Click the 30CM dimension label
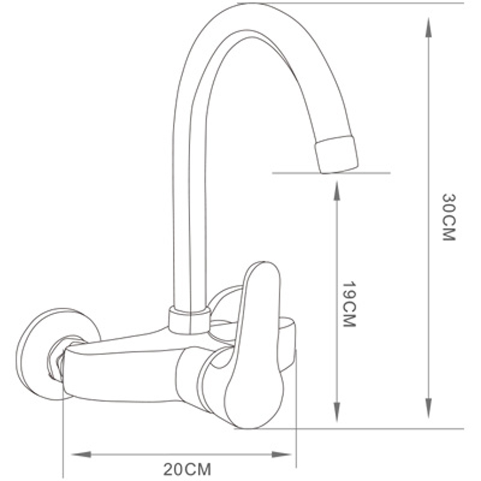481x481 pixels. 449,217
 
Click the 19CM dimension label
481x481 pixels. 349,304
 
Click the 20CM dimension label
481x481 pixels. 187,469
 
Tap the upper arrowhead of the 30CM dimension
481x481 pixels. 428,28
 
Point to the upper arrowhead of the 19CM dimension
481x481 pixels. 337,192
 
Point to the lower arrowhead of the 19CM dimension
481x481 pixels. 337,411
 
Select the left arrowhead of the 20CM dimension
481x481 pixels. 81,454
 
